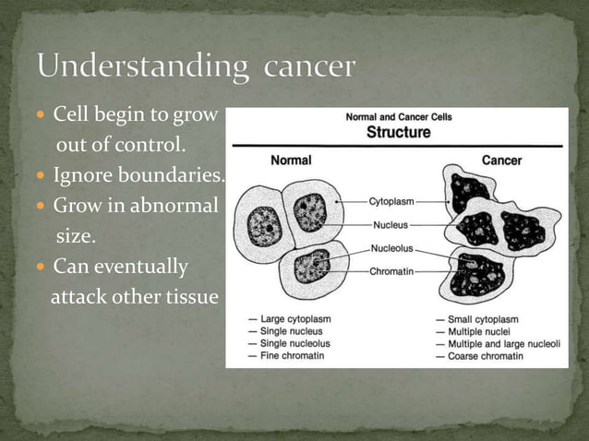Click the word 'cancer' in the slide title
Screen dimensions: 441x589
[x=309, y=67]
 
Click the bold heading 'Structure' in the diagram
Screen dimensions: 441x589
[x=399, y=132]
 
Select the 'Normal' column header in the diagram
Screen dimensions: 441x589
[x=290, y=161]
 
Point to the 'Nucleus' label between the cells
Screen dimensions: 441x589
[x=392, y=224]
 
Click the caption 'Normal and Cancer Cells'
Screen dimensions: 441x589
[x=399, y=117]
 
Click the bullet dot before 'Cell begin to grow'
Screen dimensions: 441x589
[x=43, y=117]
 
